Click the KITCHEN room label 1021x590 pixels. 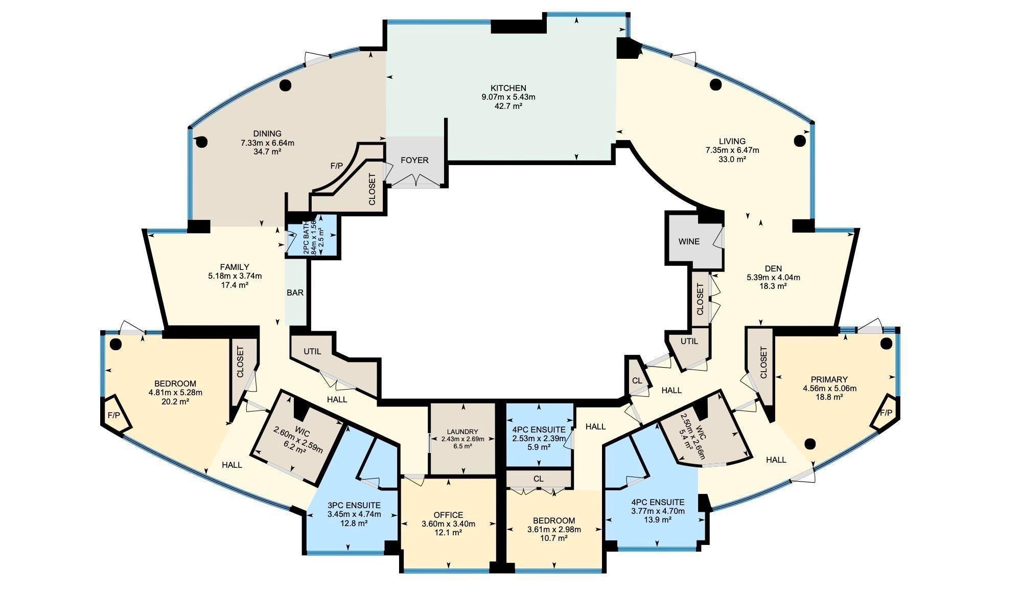click(x=508, y=88)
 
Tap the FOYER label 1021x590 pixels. click(x=414, y=160)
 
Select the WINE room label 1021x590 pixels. click(x=689, y=241)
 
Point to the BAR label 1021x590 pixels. click(x=295, y=293)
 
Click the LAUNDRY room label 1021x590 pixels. click(x=462, y=432)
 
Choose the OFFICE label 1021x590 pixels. click(x=448, y=515)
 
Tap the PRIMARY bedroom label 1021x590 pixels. click(x=829, y=379)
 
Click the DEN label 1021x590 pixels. click(x=773, y=268)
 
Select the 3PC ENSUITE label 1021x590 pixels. click(x=354, y=505)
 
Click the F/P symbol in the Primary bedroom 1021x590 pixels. click(x=886, y=413)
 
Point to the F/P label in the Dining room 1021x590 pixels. click(x=336, y=166)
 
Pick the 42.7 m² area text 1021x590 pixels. click(x=508, y=106)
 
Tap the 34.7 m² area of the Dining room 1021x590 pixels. click(x=267, y=152)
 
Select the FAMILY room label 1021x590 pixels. click(x=235, y=267)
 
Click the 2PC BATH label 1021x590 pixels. click(x=306, y=238)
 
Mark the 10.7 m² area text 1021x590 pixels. click(x=554, y=538)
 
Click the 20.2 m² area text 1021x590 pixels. click(x=175, y=402)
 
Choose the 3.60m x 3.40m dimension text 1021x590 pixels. click(x=448, y=524)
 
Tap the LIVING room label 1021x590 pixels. click(x=732, y=141)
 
